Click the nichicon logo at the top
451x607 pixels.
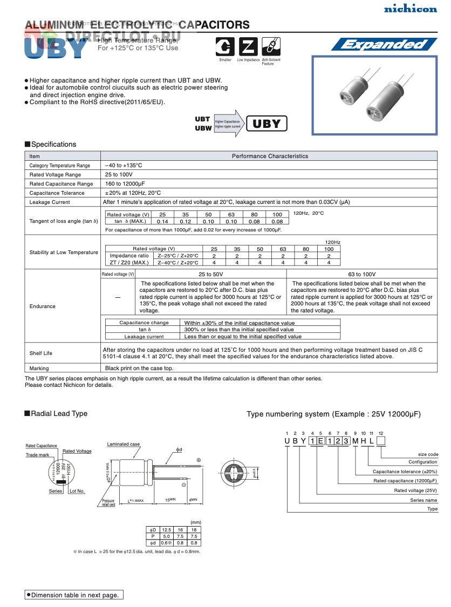[x=418, y=9]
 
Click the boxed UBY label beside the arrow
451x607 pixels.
[x=266, y=124]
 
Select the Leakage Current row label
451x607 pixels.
[x=50, y=202]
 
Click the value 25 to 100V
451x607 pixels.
[x=119, y=175]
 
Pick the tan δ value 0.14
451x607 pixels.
[x=162, y=222]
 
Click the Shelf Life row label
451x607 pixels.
[x=41, y=353]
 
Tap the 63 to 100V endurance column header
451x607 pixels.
[x=363, y=275]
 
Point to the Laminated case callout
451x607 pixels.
[x=123, y=444]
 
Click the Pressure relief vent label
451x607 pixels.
[x=108, y=503]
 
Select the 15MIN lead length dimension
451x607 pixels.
[x=170, y=500]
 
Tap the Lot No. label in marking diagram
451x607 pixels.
[x=77, y=491]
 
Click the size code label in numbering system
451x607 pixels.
[x=428, y=454]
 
